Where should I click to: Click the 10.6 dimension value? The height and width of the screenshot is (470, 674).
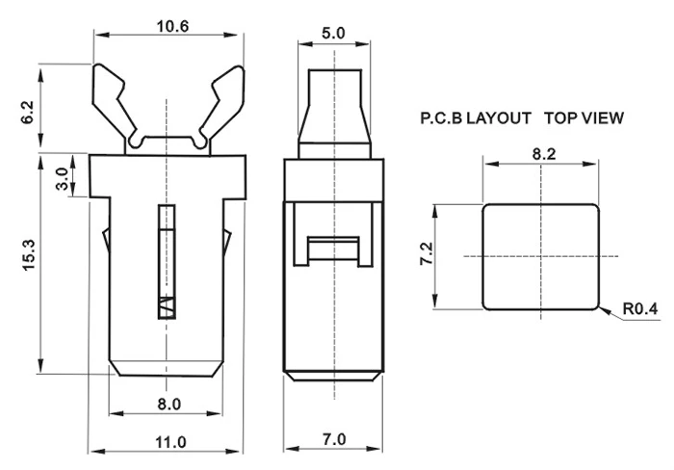click(172, 27)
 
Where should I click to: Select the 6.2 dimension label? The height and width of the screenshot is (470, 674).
click(27, 113)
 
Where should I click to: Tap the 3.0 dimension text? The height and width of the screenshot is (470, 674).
click(63, 179)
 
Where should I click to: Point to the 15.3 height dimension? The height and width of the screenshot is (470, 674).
click(29, 255)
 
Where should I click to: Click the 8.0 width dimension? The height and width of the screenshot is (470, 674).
click(169, 405)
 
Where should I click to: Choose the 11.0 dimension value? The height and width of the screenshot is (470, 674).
click(170, 442)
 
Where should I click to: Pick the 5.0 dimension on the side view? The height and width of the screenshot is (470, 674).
click(333, 33)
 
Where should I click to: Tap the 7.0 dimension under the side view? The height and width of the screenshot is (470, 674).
click(334, 439)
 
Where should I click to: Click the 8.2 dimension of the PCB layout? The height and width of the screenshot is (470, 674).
click(544, 154)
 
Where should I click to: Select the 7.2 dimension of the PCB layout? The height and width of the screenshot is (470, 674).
click(427, 253)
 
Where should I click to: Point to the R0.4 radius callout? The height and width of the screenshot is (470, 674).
click(640, 309)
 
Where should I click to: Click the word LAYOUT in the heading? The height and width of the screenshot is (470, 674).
click(499, 117)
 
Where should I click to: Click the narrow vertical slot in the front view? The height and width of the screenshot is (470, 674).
click(167, 262)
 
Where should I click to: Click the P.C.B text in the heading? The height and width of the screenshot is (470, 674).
click(441, 117)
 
